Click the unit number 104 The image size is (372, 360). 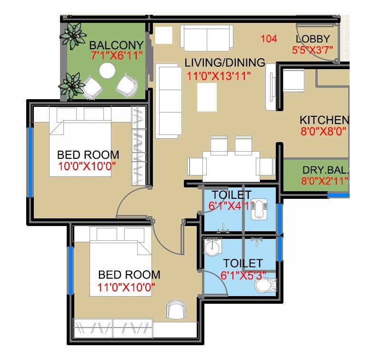click(x=269, y=39)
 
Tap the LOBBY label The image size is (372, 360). click(x=312, y=39)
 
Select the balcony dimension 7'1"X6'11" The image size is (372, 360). click(x=117, y=55)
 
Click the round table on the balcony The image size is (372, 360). click(x=107, y=72)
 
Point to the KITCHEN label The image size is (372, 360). click(x=324, y=120)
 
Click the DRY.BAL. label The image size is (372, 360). click(x=325, y=170)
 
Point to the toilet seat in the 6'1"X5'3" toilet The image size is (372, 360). click(x=265, y=285)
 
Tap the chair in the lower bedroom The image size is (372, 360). click(x=175, y=310)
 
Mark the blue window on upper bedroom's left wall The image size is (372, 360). click(x=30, y=162)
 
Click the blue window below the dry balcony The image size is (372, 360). click(x=338, y=195)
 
